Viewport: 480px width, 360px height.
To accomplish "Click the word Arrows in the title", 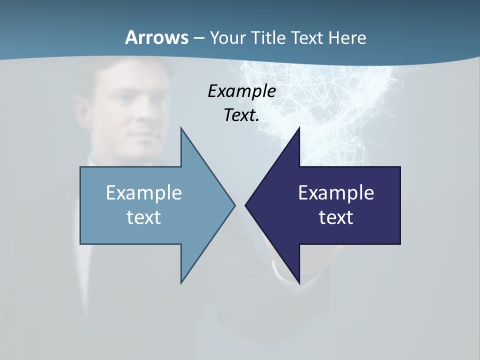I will pyautogui.click(x=156, y=37).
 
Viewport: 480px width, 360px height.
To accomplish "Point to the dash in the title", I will pyautogui.click(x=198, y=38).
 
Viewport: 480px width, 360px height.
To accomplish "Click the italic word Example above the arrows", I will pyautogui.click(x=241, y=91).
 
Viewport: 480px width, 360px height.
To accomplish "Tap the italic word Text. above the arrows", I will pyautogui.click(x=241, y=115).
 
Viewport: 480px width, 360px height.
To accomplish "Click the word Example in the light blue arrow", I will pyautogui.click(x=144, y=192).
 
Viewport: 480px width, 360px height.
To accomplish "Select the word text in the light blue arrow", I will pyautogui.click(x=144, y=217).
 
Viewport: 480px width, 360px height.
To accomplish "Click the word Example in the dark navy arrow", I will pyautogui.click(x=336, y=192).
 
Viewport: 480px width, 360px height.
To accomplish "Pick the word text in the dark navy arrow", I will pyautogui.click(x=336, y=217).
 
